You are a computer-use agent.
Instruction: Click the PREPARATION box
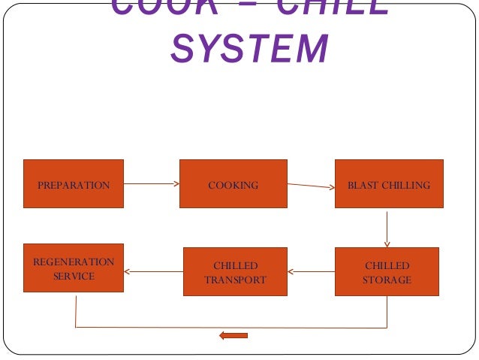[74, 184]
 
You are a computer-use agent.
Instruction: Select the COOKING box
[233, 184]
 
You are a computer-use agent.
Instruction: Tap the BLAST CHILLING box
[388, 184]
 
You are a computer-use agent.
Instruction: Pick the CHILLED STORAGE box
[388, 272]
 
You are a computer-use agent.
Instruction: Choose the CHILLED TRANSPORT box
[235, 272]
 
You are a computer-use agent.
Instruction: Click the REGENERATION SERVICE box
[74, 268]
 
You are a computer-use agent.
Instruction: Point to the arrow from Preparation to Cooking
[151, 183]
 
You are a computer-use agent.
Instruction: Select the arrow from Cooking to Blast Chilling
[310, 186]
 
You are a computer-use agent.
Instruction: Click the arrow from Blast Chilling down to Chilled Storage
[387, 227]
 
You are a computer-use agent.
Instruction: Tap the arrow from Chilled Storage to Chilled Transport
[311, 272]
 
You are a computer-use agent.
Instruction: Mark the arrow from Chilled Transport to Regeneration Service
[153, 272]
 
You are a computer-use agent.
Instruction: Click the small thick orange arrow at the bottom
[233, 335]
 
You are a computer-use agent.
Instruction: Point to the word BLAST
[362, 185]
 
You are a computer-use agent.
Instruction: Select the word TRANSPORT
[235, 280]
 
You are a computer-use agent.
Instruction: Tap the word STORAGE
[388, 280]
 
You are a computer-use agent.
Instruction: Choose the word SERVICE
[74, 276]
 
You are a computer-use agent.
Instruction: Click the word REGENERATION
[74, 262]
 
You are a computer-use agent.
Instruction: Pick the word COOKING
[233, 185]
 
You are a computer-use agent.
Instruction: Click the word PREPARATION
[74, 185]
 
